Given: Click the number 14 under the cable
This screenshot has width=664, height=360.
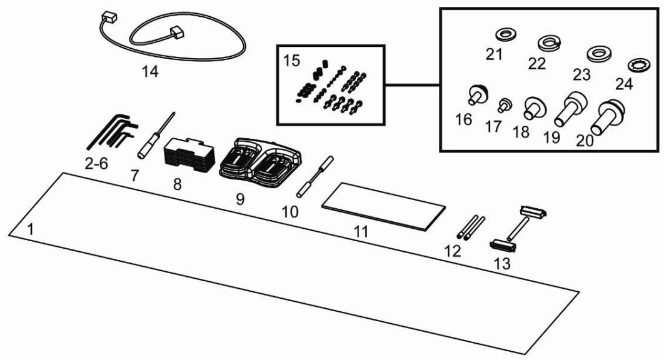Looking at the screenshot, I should click(x=150, y=72).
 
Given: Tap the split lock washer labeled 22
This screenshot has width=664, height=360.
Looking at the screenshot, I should click(x=548, y=43).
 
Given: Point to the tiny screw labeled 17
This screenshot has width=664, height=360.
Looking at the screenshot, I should click(x=506, y=104).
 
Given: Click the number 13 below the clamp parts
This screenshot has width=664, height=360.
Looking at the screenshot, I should click(x=501, y=264).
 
